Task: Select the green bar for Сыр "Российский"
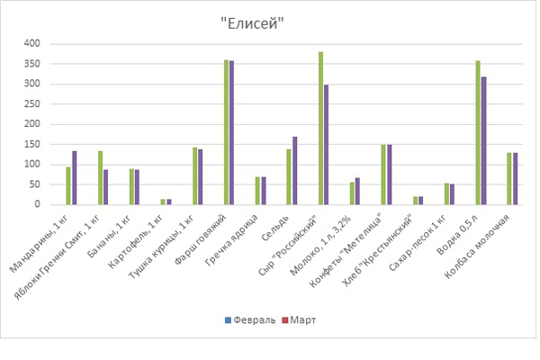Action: (x=320, y=128)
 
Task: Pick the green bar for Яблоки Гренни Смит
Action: (x=100, y=177)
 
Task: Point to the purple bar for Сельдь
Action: (x=295, y=170)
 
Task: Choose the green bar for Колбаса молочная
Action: (x=509, y=178)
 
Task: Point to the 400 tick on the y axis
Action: (x=32, y=43)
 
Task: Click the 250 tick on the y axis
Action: (x=32, y=103)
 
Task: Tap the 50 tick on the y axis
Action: (x=35, y=184)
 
